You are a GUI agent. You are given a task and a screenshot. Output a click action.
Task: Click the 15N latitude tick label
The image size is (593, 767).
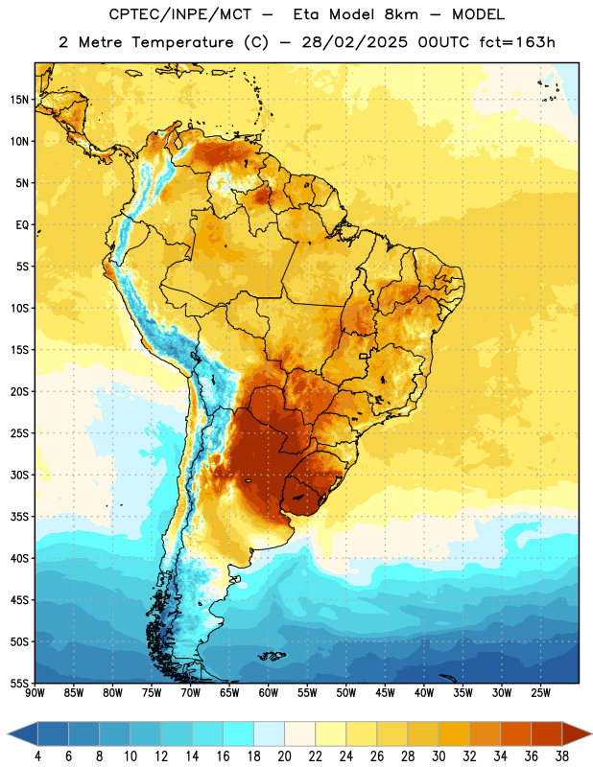[19, 100]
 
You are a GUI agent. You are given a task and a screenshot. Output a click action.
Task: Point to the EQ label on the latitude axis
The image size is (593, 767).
[22, 225]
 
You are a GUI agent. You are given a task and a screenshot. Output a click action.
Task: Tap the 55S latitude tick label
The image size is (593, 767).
[19, 683]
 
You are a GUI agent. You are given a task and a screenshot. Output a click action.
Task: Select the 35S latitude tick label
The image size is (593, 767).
[19, 517]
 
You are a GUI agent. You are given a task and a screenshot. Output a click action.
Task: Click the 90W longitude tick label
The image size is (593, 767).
[35, 693]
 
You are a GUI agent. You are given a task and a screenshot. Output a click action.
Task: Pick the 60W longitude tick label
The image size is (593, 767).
[269, 693]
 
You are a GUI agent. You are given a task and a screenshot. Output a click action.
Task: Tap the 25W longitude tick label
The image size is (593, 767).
[540, 693]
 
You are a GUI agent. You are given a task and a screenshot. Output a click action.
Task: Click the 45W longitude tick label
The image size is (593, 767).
[386, 693]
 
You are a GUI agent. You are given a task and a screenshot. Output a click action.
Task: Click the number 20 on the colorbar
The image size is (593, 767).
[284, 756]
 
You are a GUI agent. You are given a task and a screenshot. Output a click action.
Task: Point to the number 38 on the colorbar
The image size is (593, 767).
[562, 756]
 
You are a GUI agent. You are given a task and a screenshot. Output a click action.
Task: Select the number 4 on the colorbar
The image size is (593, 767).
[37, 756]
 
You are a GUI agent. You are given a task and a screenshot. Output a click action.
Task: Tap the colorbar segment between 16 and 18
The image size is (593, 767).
[239, 733]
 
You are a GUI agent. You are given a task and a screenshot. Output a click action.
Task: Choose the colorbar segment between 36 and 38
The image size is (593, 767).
[547, 733]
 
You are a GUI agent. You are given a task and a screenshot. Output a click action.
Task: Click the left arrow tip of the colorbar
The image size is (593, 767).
[8, 733]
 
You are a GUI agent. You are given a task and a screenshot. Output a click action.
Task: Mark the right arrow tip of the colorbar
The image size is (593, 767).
[592, 733]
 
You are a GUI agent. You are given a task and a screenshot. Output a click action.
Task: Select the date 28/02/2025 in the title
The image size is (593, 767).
[354, 42]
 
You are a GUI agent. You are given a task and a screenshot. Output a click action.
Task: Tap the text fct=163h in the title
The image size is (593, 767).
[517, 42]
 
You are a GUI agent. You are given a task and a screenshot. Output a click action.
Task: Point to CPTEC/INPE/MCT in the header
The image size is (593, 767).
[180, 14]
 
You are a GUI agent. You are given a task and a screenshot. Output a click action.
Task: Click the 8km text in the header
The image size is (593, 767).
[401, 14]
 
